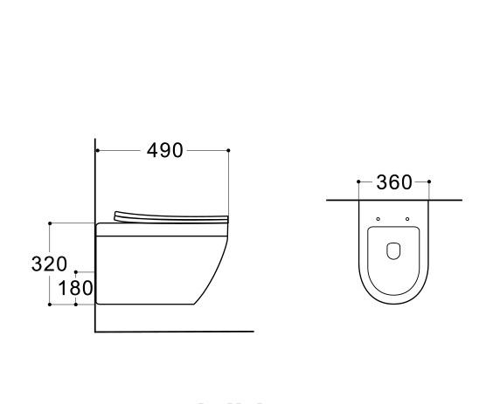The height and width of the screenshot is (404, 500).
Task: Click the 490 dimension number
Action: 164,150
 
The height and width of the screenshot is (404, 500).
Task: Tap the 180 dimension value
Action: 76,288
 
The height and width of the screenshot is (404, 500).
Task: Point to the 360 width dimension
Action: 393,182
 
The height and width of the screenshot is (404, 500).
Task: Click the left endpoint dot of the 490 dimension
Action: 97,150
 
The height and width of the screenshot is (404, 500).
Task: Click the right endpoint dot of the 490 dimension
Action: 229,150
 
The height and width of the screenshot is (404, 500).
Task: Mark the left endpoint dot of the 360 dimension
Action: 358,182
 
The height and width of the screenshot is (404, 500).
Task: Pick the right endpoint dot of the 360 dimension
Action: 429,182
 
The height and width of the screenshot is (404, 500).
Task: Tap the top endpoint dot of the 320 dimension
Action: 50,223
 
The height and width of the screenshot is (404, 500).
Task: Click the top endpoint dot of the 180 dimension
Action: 76,272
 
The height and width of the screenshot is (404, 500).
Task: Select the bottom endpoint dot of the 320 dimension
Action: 50,305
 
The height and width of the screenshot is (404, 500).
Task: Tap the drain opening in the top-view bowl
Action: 393,252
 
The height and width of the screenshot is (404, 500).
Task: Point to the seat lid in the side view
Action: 170,216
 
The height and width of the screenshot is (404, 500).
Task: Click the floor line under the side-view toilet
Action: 175,332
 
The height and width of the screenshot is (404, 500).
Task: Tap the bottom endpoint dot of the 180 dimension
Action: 76,305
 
